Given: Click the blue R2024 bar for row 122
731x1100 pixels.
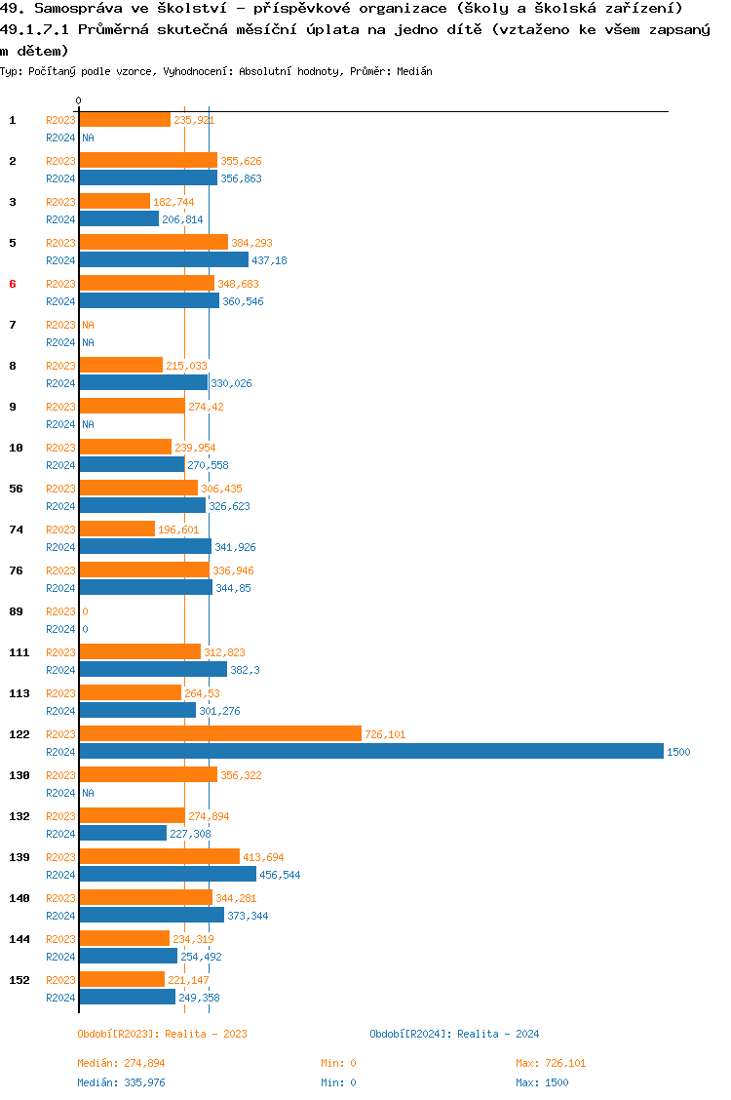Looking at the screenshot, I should pyautogui.click(x=370, y=752).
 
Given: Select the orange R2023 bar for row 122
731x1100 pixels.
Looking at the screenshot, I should pyautogui.click(x=220, y=733).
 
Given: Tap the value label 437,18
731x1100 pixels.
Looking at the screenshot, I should pyautogui.click(x=269, y=260).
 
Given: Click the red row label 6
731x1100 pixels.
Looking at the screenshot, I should pyautogui.click(x=13, y=284).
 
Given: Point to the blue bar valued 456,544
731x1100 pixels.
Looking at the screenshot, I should pyautogui.click(x=168, y=875).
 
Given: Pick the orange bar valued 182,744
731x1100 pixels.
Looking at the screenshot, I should pyautogui.click(x=115, y=201).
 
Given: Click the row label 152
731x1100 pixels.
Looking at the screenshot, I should pyautogui.click(x=19, y=980).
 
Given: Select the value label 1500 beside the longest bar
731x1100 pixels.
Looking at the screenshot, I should pyautogui.click(x=678, y=752).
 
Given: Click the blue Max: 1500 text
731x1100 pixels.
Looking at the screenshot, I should pyautogui.click(x=542, y=1082).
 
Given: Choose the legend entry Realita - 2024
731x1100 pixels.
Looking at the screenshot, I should pyautogui.click(x=454, y=1034).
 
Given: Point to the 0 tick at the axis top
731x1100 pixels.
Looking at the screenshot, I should pyautogui.click(x=79, y=101).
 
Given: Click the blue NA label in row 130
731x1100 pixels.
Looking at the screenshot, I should pyautogui.click(x=88, y=793).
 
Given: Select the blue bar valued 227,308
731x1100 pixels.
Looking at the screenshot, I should pyautogui.click(x=124, y=834).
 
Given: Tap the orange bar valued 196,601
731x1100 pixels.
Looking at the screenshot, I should pyautogui.click(x=117, y=529).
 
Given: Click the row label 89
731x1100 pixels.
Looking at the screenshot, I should pyautogui.click(x=16, y=611).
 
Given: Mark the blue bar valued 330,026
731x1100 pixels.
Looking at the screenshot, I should pyautogui.click(x=144, y=383).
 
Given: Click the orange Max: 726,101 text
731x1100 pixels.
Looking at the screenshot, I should pyautogui.click(x=551, y=1063).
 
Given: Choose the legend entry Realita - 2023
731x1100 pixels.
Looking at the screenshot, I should pyautogui.click(x=162, y=1034).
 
